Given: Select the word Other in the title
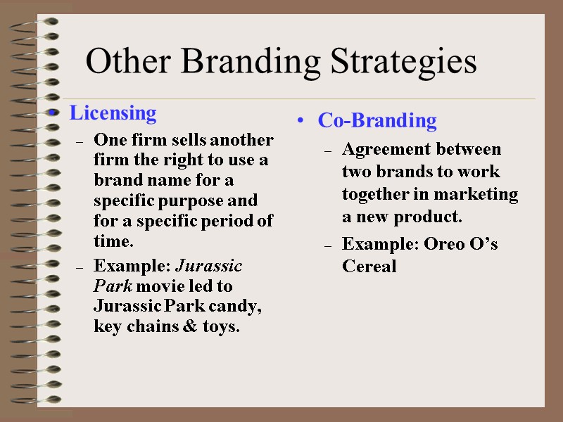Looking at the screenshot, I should tap(130, 62).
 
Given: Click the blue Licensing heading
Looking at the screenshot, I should tap(112, 113).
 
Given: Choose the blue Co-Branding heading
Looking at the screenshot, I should tap(377, 120).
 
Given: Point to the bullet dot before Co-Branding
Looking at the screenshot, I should tap(301, 122).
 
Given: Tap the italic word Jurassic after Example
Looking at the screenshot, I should tap(208, 266).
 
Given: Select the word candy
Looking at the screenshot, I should tap(240, 307).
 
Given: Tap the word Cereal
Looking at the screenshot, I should tap(369, 266).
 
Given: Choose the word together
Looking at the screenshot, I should tap(374, 194).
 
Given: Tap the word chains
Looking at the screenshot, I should tap(155, 327).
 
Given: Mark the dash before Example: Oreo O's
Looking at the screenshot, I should tap(328, 245).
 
